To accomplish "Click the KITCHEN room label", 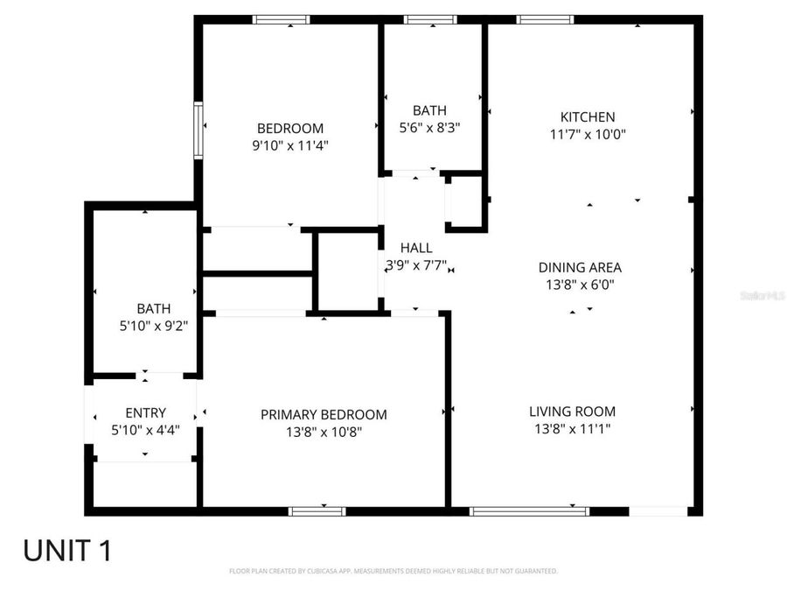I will [587, 116].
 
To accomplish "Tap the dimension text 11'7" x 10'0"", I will [587, 135].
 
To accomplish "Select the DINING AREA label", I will [580, 267].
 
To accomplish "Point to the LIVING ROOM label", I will [572, 411].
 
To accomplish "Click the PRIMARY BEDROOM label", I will [324, 414].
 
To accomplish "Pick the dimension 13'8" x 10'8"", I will [324, 432].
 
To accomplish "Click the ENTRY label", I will [145, 412].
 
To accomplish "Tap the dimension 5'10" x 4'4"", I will [145, 430].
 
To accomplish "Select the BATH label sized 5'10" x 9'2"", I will [153, 308].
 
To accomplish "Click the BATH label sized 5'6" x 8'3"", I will [429, 110].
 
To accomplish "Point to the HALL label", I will [416, 248].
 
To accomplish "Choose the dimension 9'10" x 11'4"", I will [289, 145].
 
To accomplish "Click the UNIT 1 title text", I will [67, 551].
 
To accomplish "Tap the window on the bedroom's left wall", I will [198, 129].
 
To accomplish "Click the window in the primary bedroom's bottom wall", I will [317, 510].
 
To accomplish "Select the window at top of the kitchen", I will [545, 19].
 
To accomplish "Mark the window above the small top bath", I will [429, 19].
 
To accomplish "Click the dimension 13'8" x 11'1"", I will [572, 429].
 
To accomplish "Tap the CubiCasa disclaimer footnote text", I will [393, 571].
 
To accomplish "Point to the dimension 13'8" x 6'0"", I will [580, 285].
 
